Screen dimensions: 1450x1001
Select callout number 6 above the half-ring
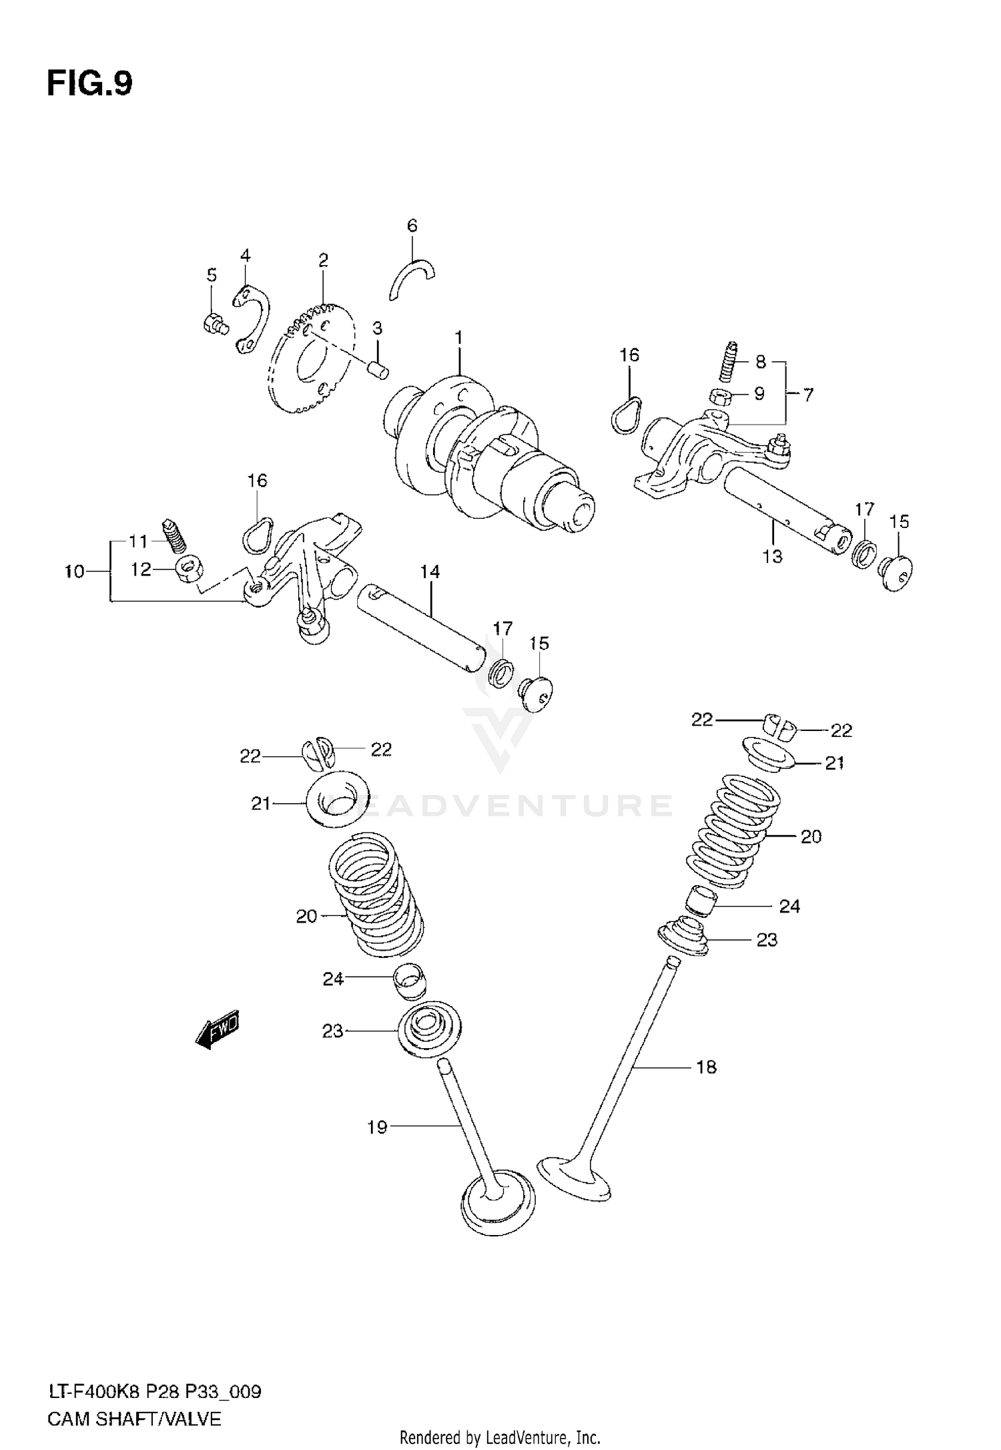[412, 226]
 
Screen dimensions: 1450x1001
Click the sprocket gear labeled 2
[308, 360]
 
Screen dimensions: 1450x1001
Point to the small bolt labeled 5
[214, 324]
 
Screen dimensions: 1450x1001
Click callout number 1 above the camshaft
[459, 338]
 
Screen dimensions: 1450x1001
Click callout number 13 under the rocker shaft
[772, 555]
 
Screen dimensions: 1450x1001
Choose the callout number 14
[430, 571]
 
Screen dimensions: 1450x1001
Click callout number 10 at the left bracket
[75, 571]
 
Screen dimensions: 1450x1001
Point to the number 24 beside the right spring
[789, 906]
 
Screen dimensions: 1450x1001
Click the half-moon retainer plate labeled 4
[254, 318]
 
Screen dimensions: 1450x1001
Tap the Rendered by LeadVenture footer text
[500, 1437]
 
